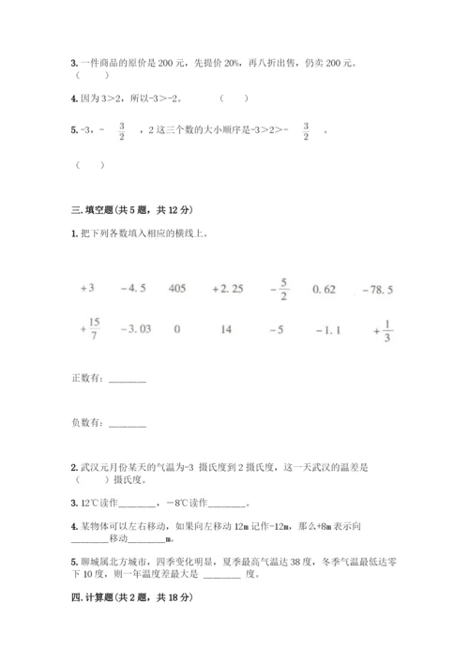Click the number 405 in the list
pyautogui.click(x=177, y=289)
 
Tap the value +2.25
pyautogui.click(x=228, y=289)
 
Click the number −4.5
pyautogui.click(x=133, y=289)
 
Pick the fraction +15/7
pyautogui.click(x=91, y=329)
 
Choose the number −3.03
pyautogui.click(x=136, y=330)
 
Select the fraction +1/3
pyautogui.click(x=383, y=329)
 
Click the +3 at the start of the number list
pyautogui.click(x=88, y=289)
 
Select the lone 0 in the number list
pyautogui.click(x=177, y=330)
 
